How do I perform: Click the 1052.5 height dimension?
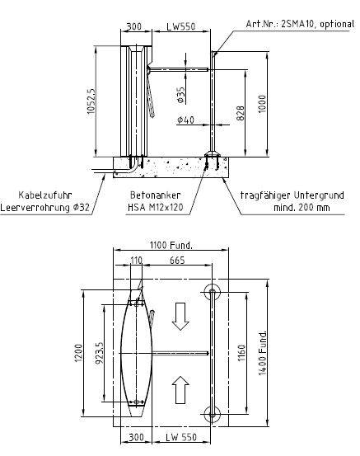click(91, 101)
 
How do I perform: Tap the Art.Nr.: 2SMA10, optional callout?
click(300, 24)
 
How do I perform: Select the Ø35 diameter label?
click(180, 95)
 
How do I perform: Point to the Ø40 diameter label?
click(185, 120)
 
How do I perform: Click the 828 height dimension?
click(241, 113)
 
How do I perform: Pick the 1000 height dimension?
click(262, 105)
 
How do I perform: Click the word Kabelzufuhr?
click(45, 195)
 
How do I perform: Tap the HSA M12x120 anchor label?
click(156, 207)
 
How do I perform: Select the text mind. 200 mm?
click(302, 208)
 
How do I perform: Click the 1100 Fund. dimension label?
click(171, 245)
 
